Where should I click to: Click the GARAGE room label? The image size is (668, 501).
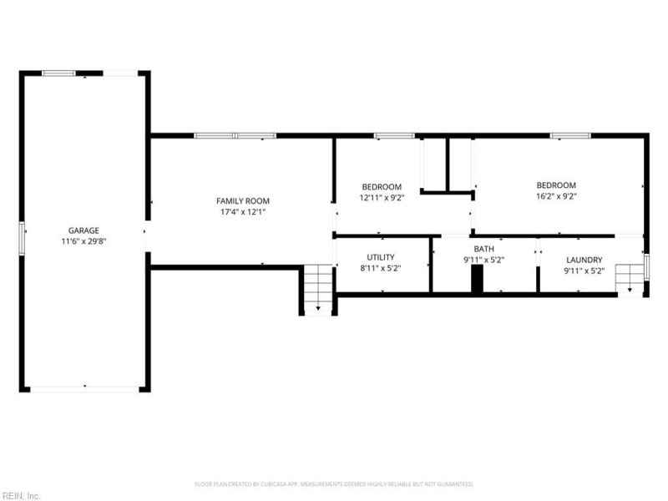pos(83,230)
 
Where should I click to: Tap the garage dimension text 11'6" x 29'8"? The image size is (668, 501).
pos(83,241)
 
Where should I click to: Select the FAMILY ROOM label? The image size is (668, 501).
pos(243,201)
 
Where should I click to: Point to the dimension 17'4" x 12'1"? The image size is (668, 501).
pos(243,212)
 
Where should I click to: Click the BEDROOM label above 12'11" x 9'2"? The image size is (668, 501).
pos(381,186)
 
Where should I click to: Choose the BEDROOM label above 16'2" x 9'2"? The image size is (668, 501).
pos(556,185)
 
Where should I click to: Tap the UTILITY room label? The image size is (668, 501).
pos(381,257)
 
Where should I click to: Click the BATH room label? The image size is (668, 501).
pos(483,249)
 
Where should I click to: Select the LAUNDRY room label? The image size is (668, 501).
pos(584,260)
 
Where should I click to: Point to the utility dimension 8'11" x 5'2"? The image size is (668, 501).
pos(381,270)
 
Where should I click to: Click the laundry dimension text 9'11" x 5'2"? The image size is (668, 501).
pos(584,271)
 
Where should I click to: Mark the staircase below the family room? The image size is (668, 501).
pos(317,289)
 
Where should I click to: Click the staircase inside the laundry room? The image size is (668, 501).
pos(629,278)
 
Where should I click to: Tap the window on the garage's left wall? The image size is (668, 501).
pos(23,236)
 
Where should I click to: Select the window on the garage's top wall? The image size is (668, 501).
pos(59,73)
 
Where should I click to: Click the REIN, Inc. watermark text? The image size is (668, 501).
pos(21,495)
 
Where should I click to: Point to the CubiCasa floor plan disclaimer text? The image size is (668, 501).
pos(334,483)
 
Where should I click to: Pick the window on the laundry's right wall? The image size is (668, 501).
pos(646,266)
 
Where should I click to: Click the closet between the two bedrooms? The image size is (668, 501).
pos(434,164)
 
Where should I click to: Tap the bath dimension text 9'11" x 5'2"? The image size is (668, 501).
pos(483,260)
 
